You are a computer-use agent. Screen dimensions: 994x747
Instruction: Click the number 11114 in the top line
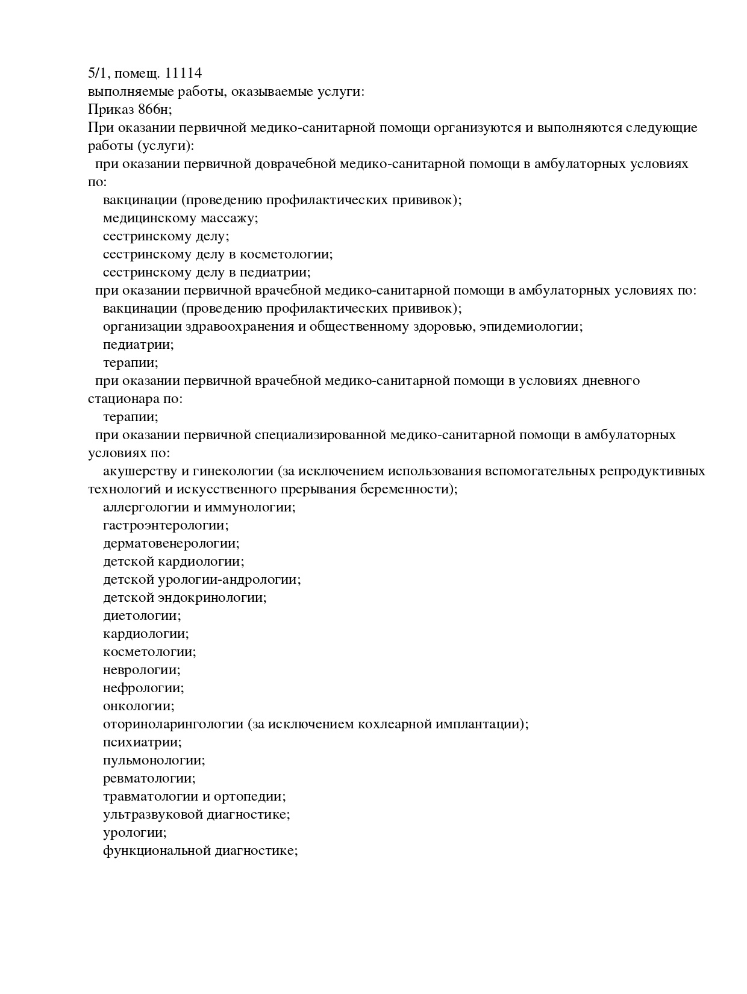tap(183, 73)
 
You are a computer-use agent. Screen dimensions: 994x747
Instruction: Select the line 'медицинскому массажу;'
tap(180, 218)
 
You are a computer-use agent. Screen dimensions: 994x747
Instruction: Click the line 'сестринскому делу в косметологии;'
tap(217, 254)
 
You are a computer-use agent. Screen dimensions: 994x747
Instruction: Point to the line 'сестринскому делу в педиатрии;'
tap(207, 272)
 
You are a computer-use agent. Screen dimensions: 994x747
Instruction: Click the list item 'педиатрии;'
tap(138, 345)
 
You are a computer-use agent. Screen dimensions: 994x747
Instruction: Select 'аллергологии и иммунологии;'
tap(199, 507)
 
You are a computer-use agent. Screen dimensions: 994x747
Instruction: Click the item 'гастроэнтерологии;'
tap(166, 525)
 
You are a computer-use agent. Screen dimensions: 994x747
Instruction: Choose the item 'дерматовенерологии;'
tap(171, 543)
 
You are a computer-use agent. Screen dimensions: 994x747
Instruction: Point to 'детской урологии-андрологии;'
tap(202, 580)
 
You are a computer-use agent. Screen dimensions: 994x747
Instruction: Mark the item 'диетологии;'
tap(142, 616)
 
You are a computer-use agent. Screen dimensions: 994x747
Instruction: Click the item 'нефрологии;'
tap(143, 688)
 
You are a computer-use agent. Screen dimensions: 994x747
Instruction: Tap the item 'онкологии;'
tap(139, 706)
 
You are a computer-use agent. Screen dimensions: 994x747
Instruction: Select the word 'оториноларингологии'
tap(173, 724)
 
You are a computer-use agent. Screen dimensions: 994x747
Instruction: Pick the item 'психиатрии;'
tap(142, 742)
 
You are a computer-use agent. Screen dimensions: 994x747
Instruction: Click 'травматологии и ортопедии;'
tap(194, 796)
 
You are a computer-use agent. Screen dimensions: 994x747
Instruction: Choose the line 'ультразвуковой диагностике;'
tap(196, 814)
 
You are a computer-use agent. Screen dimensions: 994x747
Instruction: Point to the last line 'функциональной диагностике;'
tap(201, 851)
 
